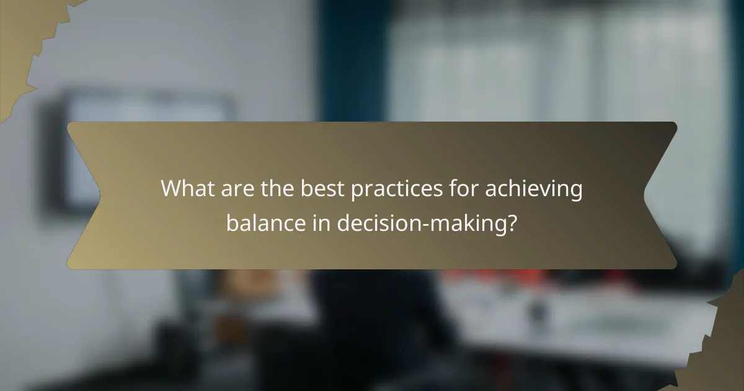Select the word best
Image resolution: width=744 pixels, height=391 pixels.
click(323, 189)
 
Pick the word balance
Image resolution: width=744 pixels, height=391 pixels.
click(265, 222)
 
